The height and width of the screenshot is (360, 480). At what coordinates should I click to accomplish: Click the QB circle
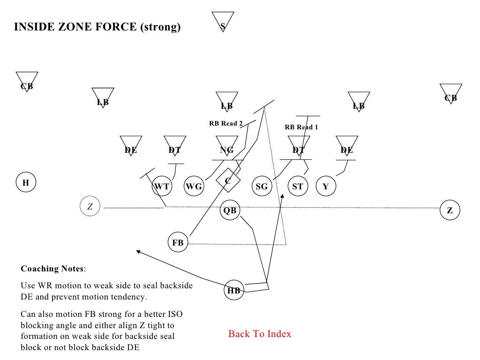(x=230, y=210)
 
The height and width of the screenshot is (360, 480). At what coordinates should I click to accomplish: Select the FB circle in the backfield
(x=178, y=243)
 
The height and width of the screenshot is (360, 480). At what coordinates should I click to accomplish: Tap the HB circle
(x=234, y=290)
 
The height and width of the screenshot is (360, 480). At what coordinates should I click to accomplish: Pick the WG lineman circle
(x=194, y=186)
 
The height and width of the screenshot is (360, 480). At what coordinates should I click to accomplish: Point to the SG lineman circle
(x=262, y=186)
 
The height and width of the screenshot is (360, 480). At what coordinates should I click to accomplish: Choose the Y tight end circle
(x=326, y=186)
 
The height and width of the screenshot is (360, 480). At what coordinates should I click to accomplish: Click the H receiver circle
(x=26, y=183)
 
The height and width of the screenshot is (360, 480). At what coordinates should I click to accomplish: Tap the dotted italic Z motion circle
(x=90, y=206)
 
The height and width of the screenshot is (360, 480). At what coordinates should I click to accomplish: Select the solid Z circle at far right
(x=450, y=210)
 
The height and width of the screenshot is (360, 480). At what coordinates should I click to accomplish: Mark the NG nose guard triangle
(x=227, y=146)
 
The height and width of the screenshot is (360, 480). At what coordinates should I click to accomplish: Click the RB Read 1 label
(x=301, y=127)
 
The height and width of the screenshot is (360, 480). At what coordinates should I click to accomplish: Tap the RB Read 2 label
(x=225, y=124)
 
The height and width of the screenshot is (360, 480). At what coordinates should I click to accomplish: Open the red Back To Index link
(x=260, y=334)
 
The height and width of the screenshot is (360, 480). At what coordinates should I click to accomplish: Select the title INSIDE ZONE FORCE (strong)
(x=97, y=27)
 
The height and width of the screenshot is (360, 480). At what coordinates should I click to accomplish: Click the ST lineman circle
(x=298, y=186)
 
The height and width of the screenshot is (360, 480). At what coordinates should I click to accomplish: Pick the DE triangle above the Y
(x=347, y=146)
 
